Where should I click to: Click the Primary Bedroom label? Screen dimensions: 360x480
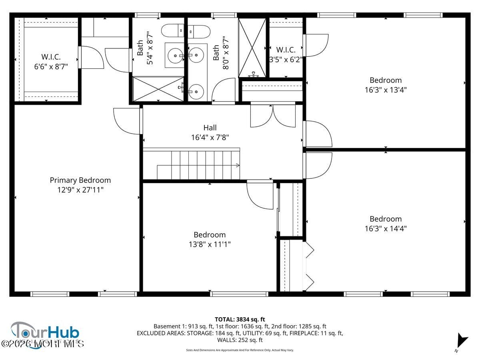(80, 180)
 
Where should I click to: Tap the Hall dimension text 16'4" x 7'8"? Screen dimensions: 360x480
(210, 137)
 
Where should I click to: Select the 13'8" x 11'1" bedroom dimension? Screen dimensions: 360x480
(210, 244)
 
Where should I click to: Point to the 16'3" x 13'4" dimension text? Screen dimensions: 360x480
(386, 90)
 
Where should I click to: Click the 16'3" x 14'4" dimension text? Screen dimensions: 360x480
(386, 228)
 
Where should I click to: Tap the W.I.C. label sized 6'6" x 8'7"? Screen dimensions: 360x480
(51, 62)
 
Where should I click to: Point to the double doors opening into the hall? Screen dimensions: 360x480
(273, 116)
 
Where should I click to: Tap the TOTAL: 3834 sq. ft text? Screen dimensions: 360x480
(240, 319)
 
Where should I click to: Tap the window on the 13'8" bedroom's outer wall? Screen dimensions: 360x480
(239, 294)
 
